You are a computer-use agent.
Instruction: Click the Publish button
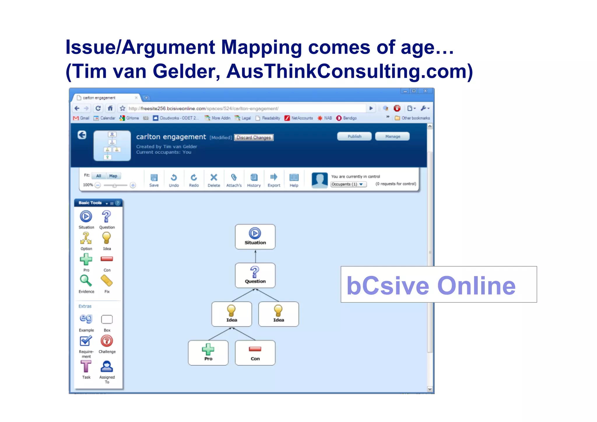354,136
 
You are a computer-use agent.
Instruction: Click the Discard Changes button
254,138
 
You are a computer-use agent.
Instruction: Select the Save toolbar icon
154,178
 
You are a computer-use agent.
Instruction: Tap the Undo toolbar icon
174,178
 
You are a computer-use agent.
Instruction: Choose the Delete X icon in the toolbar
214,178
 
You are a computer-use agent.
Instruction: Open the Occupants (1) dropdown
348,184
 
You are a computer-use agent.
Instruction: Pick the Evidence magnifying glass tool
86,281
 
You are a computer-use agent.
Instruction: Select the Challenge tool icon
107,341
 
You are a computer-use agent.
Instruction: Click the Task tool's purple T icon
86,367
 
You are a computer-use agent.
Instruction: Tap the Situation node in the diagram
255,237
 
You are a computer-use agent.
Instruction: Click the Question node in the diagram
255,275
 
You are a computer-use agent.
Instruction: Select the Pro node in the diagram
208,353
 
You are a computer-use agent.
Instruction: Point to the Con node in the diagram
255,353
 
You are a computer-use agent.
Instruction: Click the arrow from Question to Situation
255,256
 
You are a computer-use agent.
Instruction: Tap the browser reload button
98,108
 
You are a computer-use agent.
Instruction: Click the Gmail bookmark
81,118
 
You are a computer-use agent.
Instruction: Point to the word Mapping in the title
261,48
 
